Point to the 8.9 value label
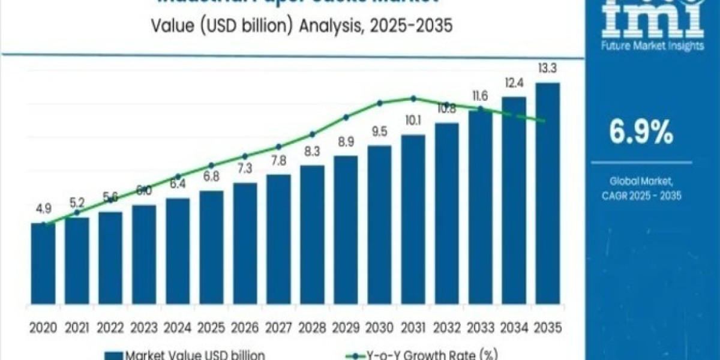(x=346, y=142)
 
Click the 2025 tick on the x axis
(x=211, y=328)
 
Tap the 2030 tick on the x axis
(x=379, y=328)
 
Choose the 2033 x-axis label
(x=480, y=328)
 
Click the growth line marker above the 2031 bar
(x=413, y=98)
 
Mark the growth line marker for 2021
(x=77, y=212)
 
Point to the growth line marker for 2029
(x=346, y=118)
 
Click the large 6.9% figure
(x=641, y=133)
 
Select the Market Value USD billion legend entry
(x=186, y=354)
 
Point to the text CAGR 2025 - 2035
(x=641, y=196)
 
